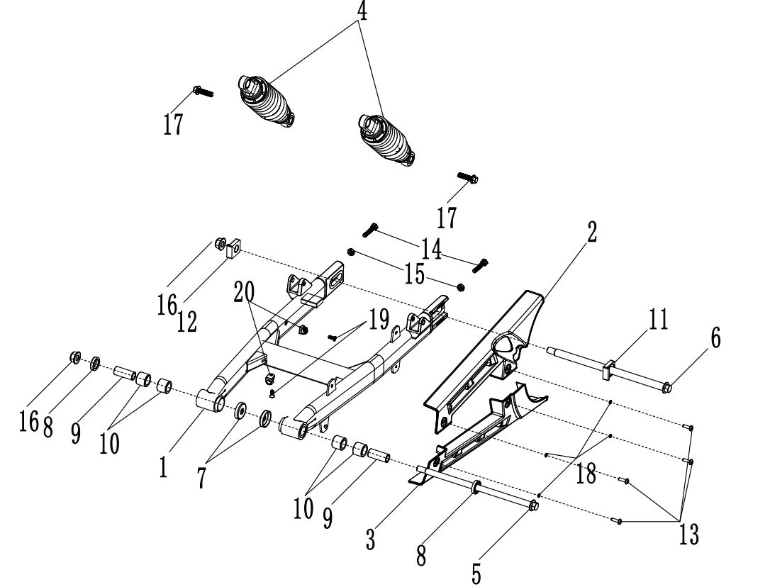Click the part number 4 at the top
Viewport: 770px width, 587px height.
(362, 13)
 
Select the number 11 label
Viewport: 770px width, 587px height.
(658, 320)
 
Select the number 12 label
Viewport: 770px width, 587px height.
(187, 323)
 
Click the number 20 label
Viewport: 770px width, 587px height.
(245, 291)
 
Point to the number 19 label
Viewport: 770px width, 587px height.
(379, 320)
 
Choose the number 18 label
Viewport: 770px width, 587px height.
(586, 474)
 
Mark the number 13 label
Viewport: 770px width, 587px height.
(688, 534)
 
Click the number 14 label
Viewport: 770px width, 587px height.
(431, 248)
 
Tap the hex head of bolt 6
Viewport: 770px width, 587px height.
(669, 387)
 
